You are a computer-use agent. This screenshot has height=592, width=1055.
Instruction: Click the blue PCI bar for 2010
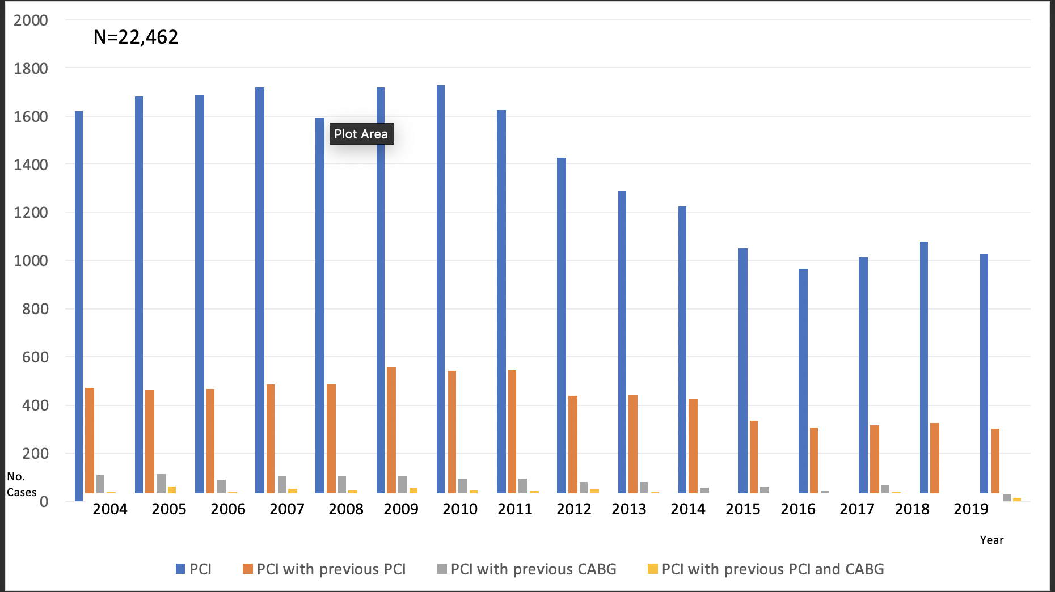click(441, 289)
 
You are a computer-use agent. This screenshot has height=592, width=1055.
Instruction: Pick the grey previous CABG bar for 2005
click(161, 483)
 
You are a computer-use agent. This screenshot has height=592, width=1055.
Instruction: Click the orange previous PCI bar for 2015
click(754, 456)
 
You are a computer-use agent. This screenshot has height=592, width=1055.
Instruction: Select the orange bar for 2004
click(90, 440)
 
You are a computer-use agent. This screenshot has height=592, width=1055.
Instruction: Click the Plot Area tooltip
click(361, 134)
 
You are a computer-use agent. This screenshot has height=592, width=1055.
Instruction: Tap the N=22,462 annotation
click(136, 37)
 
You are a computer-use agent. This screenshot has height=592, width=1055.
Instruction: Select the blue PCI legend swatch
click(181, 569)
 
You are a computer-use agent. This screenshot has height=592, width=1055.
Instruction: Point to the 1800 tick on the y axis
click(31, 69)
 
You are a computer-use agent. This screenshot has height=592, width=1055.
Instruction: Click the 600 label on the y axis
click(35, 357)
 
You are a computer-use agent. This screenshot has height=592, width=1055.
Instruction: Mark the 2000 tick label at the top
click(31, 20)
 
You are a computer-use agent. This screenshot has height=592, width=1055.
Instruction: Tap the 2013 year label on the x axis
click(629, 509)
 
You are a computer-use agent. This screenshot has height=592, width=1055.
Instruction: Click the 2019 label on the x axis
click(971, 509)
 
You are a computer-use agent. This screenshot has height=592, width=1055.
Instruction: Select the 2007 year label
click(287, 509)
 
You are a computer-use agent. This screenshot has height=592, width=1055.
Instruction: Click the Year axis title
click(991, 540)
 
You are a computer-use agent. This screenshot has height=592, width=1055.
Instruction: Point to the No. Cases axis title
click(22, 484)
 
